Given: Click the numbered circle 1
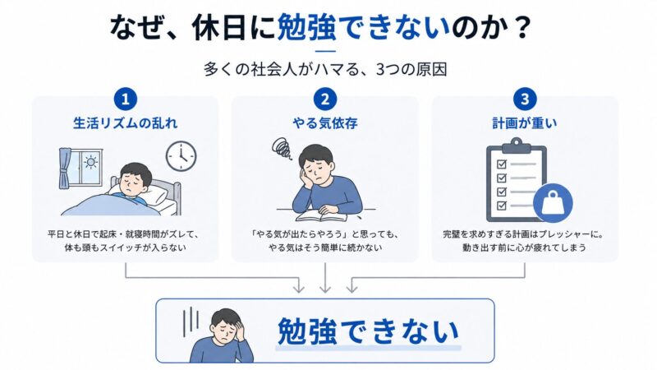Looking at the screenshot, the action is click(x=126, y=99).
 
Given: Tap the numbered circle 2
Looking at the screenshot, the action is click(x=324, y=99).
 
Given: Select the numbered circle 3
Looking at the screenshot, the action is click(x=525, y=99).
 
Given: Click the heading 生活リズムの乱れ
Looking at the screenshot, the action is click(x=126, y=123).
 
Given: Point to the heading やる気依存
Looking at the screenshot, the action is click(x=324, y=123).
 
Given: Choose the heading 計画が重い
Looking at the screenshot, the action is click(x=525, y=123).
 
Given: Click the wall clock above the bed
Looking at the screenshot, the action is click(x=181, y=156).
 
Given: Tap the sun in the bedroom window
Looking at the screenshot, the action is click(x=90, y=162).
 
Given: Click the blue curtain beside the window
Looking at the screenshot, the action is click(x=66, y=169).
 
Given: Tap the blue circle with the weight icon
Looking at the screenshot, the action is click(x=553, y=203).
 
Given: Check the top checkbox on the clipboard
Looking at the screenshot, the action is click(x=502, y=164).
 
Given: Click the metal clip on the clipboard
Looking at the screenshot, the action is click(x=517, y=147).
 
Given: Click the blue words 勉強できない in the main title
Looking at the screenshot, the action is click(x=363, y=28).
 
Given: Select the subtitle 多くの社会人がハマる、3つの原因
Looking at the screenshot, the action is click(x=325, y=69).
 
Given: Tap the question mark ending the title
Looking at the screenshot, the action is click(x=521, y=28).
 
